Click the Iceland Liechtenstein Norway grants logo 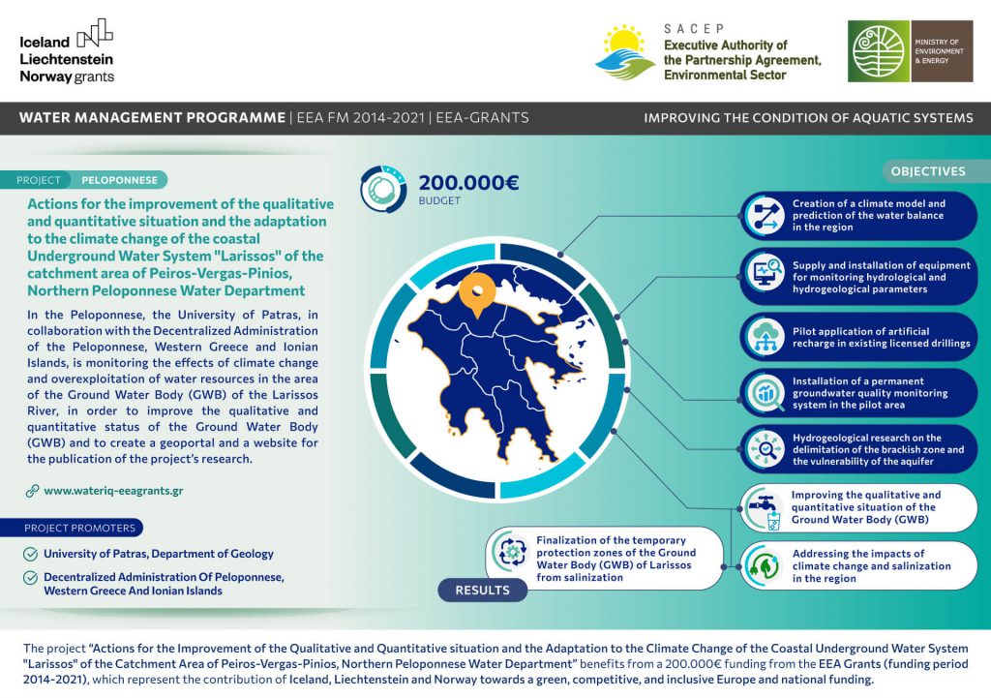[67, 52]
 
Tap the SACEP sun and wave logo [623, 52]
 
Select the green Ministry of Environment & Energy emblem [879, 51]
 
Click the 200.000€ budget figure [469, 182]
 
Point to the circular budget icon [383, 190]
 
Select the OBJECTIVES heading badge [928, 171]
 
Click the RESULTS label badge [482, 590]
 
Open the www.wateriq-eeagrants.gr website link [113, 491]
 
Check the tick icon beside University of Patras [31, 554]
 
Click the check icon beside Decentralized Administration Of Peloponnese [31, 577]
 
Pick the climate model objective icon [767, 216]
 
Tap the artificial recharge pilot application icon [767, 336]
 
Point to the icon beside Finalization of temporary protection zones [510, 553]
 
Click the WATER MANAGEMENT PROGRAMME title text [152, 118]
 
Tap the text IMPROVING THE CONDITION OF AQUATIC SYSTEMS [808, 118]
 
